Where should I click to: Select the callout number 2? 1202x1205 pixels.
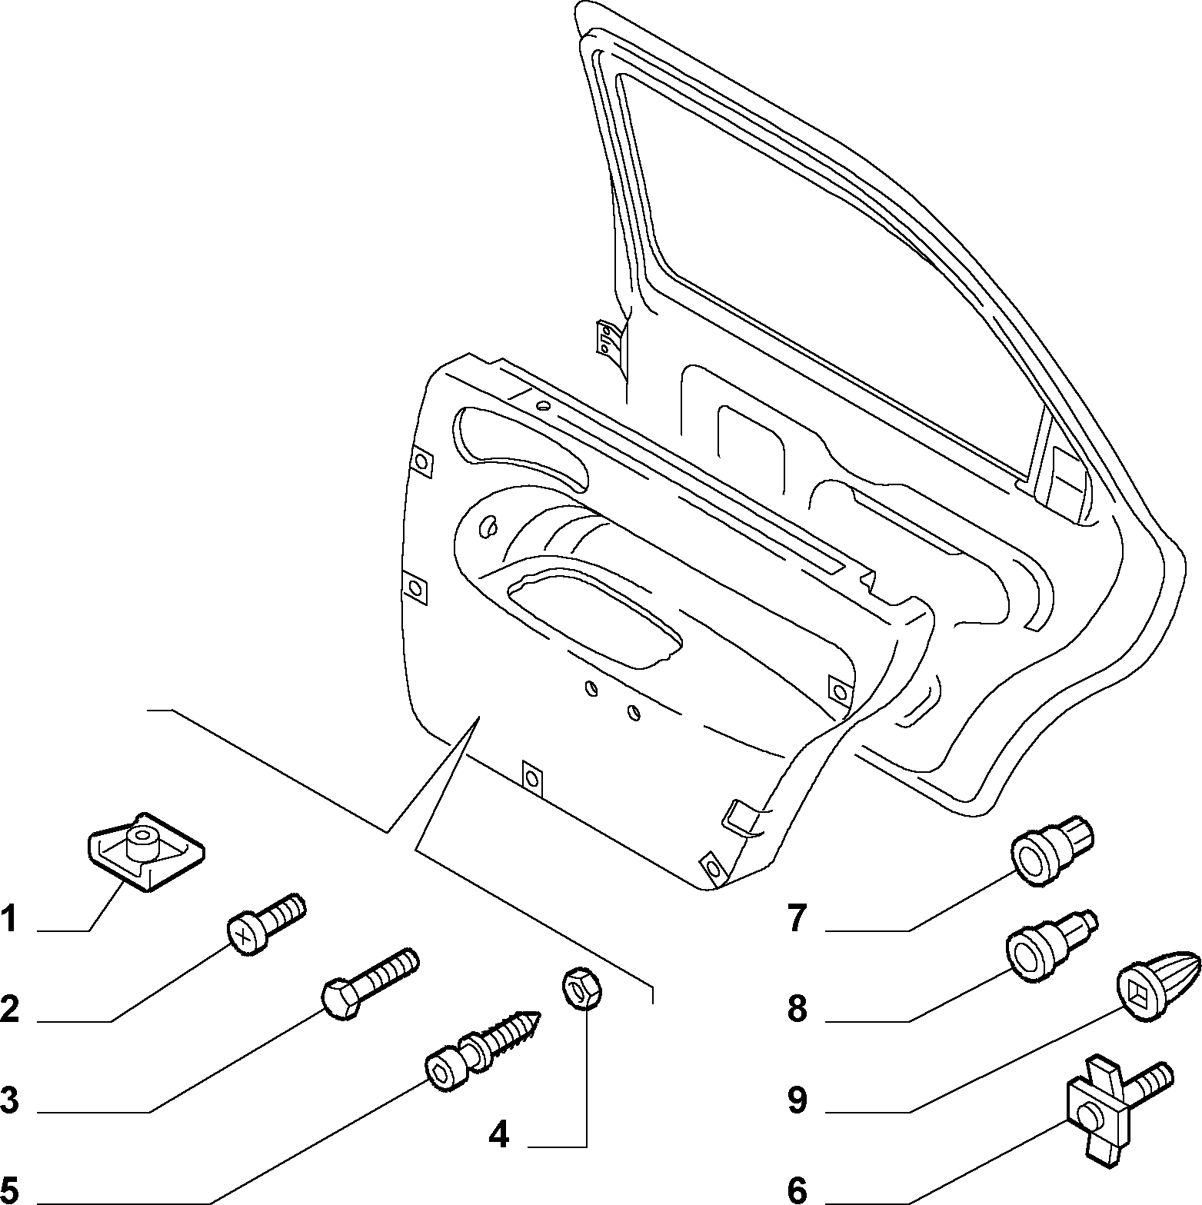pyautogui.click(x=9, y=1009)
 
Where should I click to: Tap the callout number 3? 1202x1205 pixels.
pyautogui.click(x=9, y=1099)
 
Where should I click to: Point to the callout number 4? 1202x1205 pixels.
pyautogui.click(x=499, y=1134)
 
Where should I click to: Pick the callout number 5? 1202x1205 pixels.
pyautogui.click(x=9, y=1189)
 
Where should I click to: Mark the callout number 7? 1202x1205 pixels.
pyautogui.click(x=797, y=919)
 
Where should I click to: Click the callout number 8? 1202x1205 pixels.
pyautogui.click(x=797, y=1009)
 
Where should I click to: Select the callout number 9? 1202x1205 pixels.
pyautogui.click(x=797, y=1100)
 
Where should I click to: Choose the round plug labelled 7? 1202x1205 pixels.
pyautogui.click(x=1050, y=852)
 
